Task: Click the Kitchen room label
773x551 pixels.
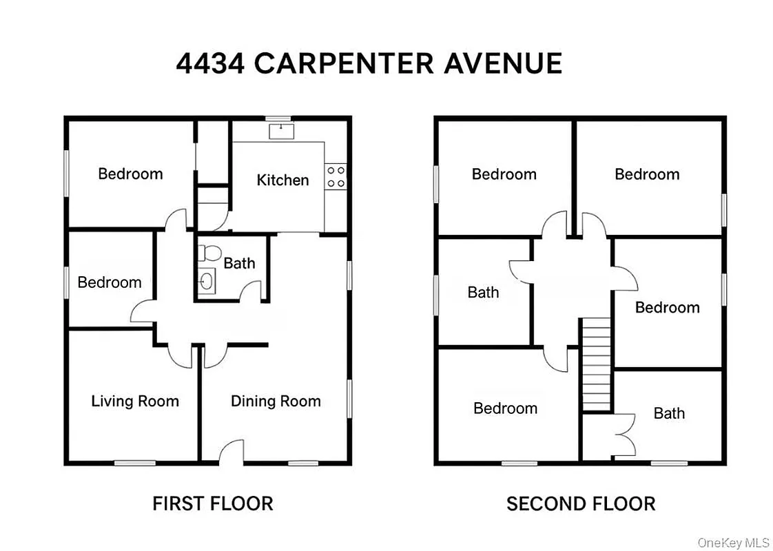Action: click(282, 180)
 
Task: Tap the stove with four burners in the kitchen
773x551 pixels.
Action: click(336, 176)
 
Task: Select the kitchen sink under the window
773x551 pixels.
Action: click(280, 129)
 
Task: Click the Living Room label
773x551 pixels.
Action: click(135, 401)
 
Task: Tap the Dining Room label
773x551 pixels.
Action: click(276, 401)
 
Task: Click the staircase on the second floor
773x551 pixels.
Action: click(596, 364)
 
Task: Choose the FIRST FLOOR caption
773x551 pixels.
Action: click(212, 503)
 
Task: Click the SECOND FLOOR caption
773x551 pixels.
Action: click(581, 503)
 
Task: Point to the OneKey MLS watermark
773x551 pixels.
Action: click(733, 543)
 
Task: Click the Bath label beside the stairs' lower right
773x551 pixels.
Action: click(669, 413)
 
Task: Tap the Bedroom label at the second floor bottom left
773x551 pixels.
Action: click(505, 408)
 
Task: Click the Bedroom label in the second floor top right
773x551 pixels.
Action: click(647, 174)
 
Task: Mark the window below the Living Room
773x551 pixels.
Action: click(134, 463)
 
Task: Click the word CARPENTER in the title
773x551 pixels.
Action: click(344, 63)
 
